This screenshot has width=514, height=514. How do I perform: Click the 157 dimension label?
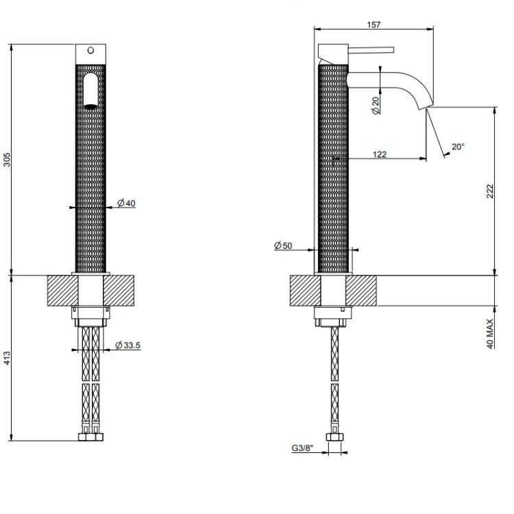[374, 25]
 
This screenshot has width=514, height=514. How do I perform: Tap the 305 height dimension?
[7, 160]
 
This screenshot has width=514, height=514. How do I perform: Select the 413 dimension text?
[7, 358]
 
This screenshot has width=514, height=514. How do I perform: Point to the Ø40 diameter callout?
[126, 204]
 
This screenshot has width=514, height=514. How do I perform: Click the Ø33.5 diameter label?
[128, 345]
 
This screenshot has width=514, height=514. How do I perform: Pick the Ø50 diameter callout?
[283, 245]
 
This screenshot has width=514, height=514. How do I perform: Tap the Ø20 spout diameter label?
[376, 106]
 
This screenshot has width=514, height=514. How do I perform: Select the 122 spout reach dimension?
[380, 154]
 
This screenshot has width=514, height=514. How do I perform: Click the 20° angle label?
[458, 147]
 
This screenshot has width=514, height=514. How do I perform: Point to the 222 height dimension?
[489, 191]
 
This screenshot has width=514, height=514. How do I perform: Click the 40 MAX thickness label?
[490, 334]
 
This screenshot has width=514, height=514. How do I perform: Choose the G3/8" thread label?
[302, 448]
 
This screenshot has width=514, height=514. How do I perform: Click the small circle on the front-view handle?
[90, 50]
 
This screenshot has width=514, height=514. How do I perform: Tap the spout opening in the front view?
[90, 90]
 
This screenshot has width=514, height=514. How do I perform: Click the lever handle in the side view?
[371, 50]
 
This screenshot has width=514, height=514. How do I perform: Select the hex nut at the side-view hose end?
[334, 437]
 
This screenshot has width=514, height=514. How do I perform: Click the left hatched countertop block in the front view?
[63, 291]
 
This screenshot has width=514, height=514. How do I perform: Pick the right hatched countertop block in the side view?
[361, 291]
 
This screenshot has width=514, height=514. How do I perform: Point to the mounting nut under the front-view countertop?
[90, 317]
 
